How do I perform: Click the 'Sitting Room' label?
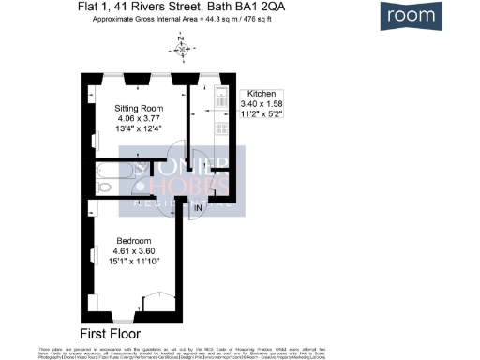point(139,107)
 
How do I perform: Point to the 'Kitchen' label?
point(259,95)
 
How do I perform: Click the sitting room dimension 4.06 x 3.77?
point(139,118)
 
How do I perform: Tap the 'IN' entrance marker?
point(197,207)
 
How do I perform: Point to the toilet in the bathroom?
point(104,187)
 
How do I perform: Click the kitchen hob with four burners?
point(221,127)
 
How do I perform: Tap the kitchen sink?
point(221,96)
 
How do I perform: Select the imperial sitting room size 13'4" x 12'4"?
point(139,129)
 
